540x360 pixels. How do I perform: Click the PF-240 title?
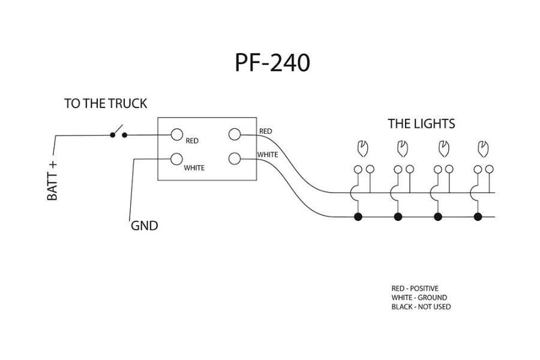272,62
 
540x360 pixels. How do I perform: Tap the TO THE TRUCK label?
106,104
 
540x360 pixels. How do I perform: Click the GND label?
144,226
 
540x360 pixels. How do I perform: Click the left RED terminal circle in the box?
176,134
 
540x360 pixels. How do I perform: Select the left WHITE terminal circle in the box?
176,159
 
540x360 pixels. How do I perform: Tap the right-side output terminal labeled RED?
235,134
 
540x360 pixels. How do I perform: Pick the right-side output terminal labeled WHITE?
235,159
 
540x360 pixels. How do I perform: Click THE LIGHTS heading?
421,124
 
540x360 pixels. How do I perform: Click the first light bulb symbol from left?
362,148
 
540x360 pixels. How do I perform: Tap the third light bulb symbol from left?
443,148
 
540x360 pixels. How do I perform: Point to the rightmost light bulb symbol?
482,148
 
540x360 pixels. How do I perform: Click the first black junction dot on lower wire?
358,217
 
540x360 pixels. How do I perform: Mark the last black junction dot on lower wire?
478,217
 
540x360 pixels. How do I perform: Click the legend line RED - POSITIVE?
415,289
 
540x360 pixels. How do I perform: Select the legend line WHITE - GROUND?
419,298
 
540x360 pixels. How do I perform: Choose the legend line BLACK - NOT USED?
421,307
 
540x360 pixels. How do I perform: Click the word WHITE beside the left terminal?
194,168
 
